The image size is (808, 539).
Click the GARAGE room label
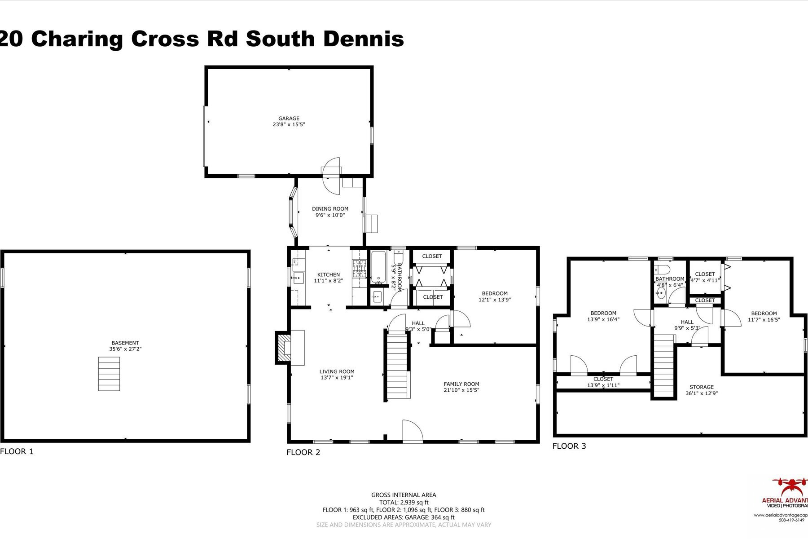point(289,119)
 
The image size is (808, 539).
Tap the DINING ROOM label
point(330,209)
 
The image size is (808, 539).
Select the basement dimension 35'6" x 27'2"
point(125,349)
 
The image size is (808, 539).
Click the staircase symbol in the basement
point(109,374)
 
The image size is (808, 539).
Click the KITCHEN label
point(329,274)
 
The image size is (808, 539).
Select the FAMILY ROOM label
point(461,384)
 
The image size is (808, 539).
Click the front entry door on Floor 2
point(412,431)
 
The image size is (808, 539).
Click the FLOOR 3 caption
point(569,446)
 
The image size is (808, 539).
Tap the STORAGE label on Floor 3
point(701,387)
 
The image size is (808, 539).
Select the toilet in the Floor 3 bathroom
point(663,269)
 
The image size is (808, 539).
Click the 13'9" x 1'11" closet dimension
point(603,385)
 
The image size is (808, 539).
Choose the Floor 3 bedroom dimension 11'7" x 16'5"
point(764,320)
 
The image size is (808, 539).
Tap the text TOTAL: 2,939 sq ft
point(404,503)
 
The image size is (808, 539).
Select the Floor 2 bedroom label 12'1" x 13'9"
point(495,300)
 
